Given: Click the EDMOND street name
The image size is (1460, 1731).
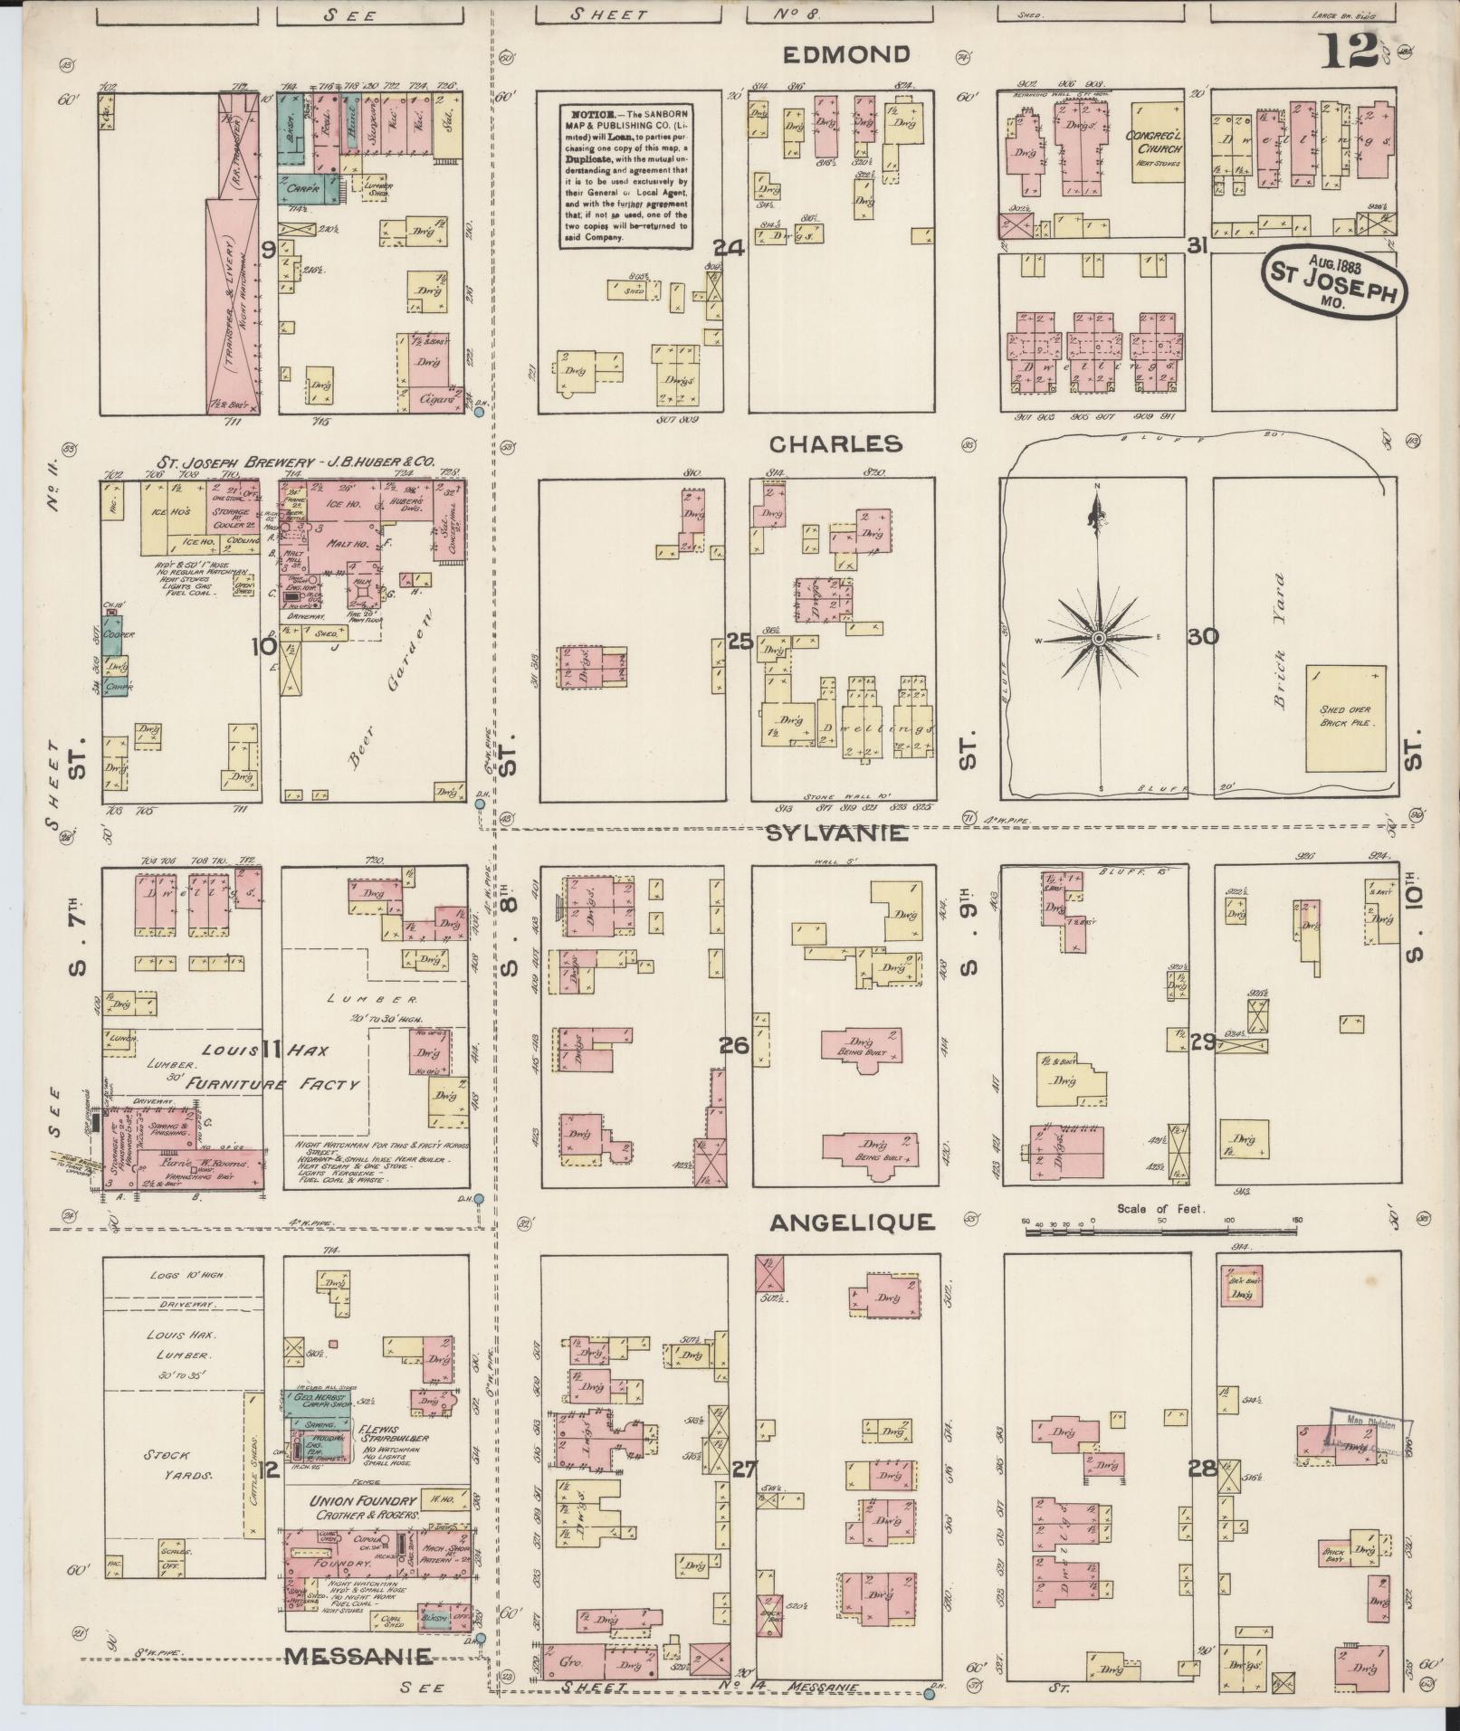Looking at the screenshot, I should pyautogui.click(x=845, y=54).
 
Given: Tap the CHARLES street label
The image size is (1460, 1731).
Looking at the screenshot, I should pyautogui.click(x=835, y=443).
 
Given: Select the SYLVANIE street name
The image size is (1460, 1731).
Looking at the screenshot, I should pyautogui.click(x=836, y=833).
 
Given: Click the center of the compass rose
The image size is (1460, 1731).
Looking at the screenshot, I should pyautogui.click(x=1098, y=638).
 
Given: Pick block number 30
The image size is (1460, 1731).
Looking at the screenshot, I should pyautogui.click(x=1203, y=637).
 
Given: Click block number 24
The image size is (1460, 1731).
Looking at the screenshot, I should pyautogui.click(x=729, y=247).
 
